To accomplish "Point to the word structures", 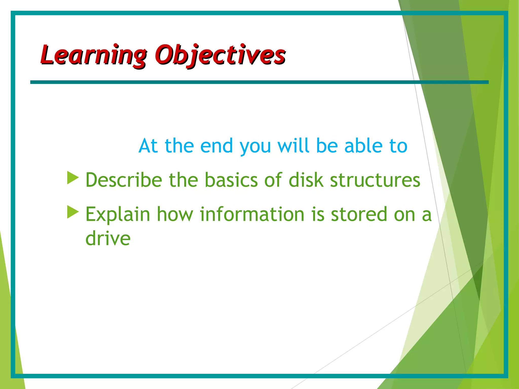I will click(x=375, y=180).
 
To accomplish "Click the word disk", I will click(x=306, y=180).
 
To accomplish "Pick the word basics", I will click(x=231, y=180).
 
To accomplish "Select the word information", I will click(x=252, y=214).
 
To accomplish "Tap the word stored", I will click(x=359, y=214).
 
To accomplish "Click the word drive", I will click(x=108, y=238).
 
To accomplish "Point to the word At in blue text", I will click(x=148, y=146).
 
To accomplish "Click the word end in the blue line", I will click(x=216, y=146).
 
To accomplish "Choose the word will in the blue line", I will click(x=293, y=146).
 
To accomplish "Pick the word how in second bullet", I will click(x=175, y=214).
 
